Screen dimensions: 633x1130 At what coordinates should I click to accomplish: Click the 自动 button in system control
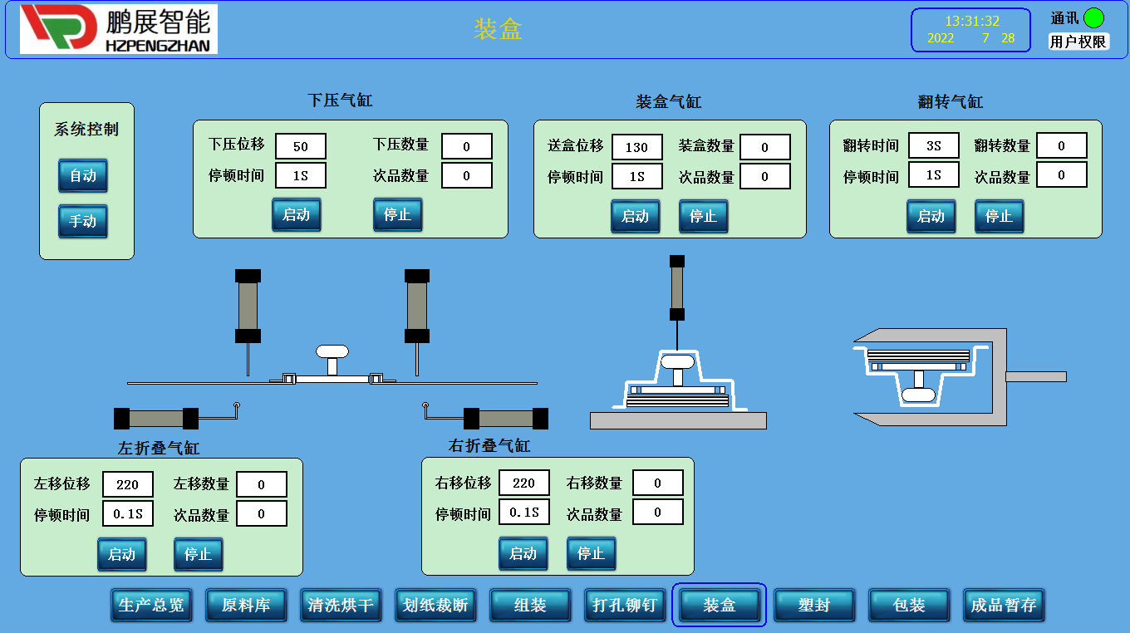82,175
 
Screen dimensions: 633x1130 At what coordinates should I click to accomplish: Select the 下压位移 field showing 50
301,146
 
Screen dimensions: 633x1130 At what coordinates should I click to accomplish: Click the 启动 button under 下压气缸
296,214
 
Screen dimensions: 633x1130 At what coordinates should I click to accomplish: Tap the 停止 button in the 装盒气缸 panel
703,216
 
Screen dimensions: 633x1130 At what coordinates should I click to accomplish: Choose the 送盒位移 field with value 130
637,147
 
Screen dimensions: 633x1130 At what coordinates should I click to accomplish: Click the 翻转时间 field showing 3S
933,145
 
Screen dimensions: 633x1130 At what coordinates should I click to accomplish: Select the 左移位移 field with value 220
128,484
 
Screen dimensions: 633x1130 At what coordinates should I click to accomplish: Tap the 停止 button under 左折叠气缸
198,554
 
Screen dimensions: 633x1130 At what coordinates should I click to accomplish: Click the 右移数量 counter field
657,483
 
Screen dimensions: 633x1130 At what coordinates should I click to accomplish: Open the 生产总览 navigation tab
151,605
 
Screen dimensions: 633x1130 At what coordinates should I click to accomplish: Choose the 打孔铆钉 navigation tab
625,605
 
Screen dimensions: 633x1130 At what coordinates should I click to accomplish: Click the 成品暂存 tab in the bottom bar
1004,605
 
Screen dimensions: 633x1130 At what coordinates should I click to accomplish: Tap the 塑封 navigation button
814,605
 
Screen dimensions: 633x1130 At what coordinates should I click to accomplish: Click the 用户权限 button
1078,42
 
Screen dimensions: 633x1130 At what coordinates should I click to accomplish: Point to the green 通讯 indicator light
1093,17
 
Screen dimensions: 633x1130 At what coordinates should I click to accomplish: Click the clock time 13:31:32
971,22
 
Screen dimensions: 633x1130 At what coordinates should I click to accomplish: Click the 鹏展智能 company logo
119,29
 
